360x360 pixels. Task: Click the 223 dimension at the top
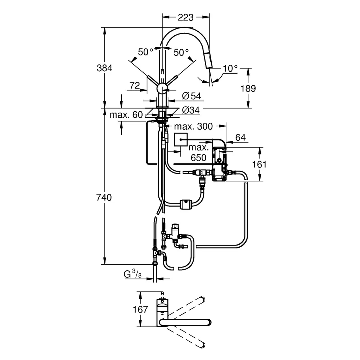185,17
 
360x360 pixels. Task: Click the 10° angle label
230,68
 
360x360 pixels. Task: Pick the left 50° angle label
146,53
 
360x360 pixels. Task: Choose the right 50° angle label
181,53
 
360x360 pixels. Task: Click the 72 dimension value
134,85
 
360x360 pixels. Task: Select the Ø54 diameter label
191,96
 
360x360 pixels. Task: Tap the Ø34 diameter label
191,110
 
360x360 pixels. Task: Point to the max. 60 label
126,115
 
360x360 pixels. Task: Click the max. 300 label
193,126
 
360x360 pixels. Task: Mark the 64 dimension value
240,137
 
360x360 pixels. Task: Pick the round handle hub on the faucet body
162,89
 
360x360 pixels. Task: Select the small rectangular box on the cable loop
186,204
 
